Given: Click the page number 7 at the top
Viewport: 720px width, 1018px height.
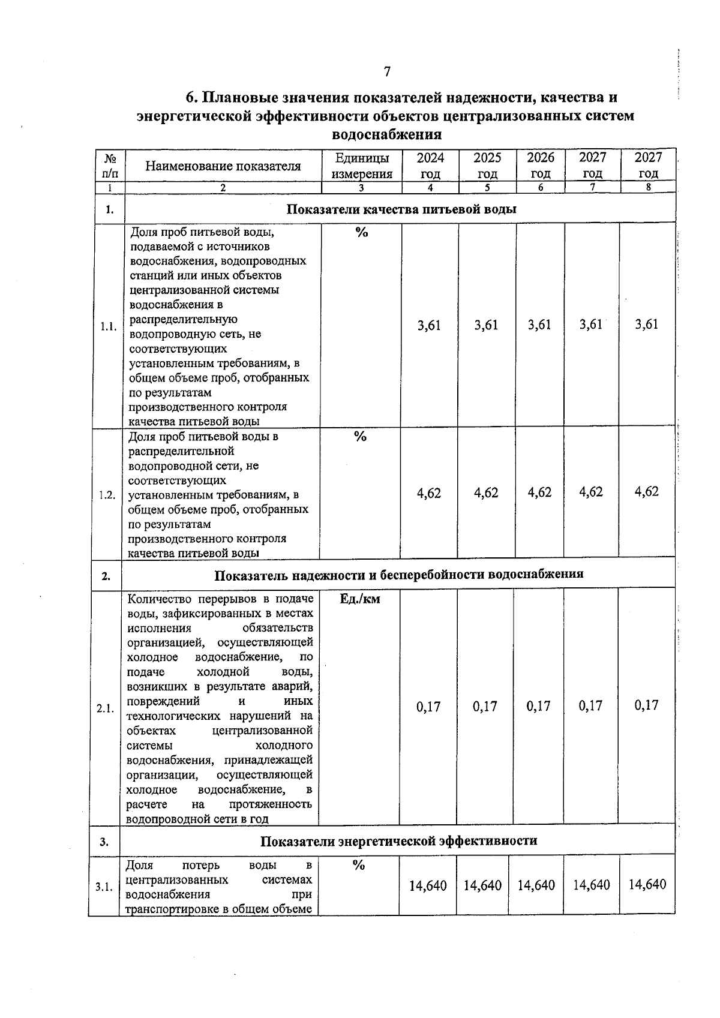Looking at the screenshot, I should [387, 72].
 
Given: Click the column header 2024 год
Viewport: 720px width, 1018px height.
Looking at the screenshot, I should [430, 166].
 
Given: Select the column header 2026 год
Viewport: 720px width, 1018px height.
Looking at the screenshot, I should [541, 166].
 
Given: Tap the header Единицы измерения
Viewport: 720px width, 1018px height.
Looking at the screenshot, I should [362, 166].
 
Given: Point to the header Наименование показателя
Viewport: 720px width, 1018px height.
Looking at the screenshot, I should [223, 166].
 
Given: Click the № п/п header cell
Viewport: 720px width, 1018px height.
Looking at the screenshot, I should [110, 166].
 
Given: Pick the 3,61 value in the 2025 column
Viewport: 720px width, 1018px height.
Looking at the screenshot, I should [486, 325].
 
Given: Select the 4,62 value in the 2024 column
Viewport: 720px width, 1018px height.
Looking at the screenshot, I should [429, 493].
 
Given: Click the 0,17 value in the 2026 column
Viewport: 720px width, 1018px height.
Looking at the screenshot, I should [539, 706].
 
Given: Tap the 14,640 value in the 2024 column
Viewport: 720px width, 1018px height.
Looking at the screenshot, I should [428, 885].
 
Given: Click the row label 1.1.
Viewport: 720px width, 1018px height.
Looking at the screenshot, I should [109, 327].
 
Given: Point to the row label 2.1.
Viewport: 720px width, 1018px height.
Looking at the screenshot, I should [105, 708].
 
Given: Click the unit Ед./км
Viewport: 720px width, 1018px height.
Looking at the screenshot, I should [360, 599].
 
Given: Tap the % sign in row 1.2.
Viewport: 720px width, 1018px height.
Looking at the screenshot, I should [360, 437].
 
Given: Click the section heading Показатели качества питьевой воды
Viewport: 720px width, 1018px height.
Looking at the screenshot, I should [401, 209].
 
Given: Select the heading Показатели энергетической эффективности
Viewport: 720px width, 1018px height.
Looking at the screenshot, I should [398, 840].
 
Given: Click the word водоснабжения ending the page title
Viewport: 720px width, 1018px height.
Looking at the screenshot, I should [386, 134].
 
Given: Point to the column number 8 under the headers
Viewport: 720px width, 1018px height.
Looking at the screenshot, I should [649, 187].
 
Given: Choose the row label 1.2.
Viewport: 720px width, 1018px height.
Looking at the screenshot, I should [107, 495].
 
